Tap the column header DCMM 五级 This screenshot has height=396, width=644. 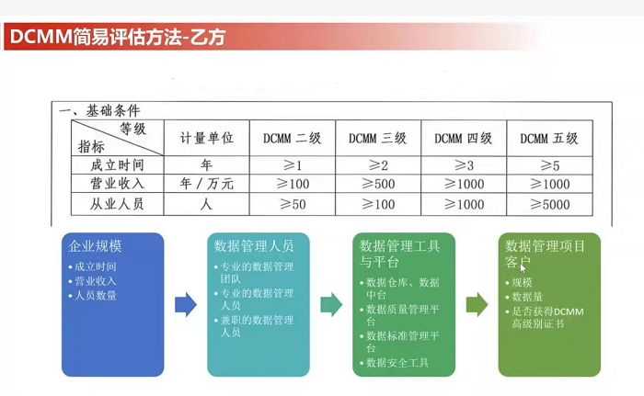(548, 139)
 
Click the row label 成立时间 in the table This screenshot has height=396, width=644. (117, 165)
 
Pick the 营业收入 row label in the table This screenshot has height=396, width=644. (117, 185)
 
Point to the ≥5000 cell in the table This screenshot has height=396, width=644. (549, 204)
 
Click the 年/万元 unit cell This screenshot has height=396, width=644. (206, 185)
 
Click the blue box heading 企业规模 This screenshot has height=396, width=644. (96, 246)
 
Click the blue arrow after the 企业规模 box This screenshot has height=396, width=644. (186, 305)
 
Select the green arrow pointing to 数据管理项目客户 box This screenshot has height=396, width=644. (477, 305)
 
